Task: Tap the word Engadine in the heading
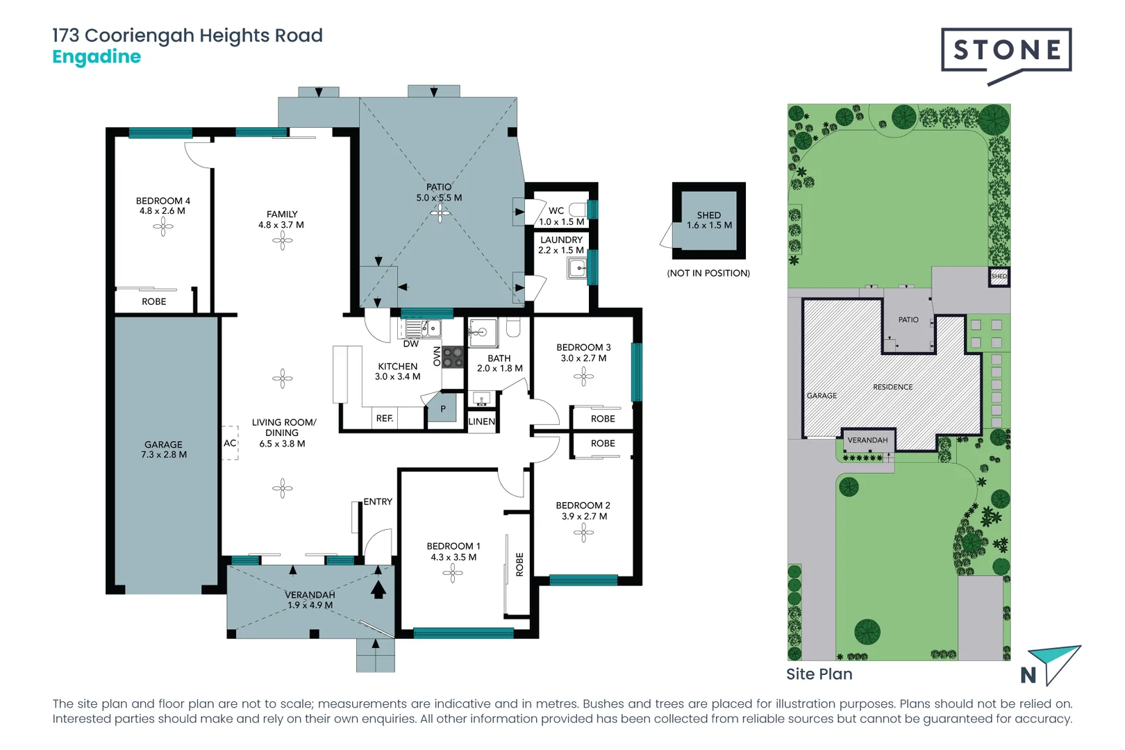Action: click(x=97, y=57)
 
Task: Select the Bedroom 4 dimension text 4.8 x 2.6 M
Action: click(x=162, y=211)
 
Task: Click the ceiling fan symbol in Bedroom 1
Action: click(x=453, y=574)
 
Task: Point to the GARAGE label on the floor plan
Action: click(x=163, y=444)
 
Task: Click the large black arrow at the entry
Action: click(x=378, y=589)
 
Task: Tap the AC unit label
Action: click(x=230, y=443)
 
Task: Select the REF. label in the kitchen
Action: click(x=384, y=418)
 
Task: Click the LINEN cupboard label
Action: click(x=481, y=422)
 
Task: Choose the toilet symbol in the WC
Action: click(x=576, y=210)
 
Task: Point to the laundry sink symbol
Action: click(x=577, y=268)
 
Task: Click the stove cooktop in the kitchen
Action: click(x=453, y=357)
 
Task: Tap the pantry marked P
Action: click(x=443, y=409)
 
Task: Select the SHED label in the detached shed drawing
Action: click(x=708, y=215)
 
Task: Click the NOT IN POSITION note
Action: click(x=708, y=273)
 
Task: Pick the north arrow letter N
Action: click(x=1028, y=675)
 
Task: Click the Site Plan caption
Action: click(x=819, y=674)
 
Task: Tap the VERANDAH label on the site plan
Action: click(x=867, y=440)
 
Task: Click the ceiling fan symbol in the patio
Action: click(x=439, y=212)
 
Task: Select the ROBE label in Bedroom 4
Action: click(x=154, y=301)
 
